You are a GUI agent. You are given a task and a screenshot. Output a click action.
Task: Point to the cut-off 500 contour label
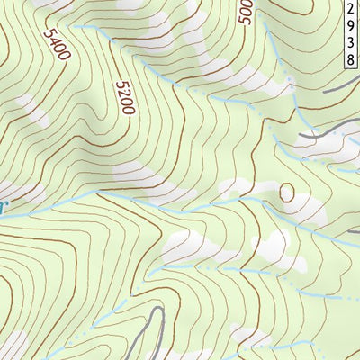point(246,10)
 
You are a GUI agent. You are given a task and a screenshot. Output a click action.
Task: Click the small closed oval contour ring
point(287,192)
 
